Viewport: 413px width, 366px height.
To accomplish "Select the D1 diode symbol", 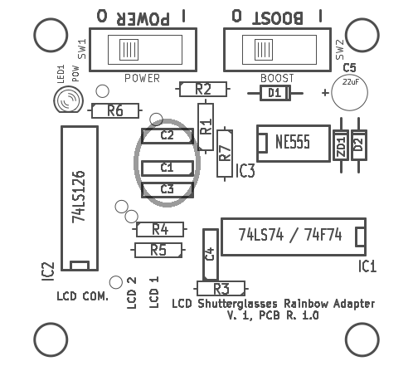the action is tap(275, 93).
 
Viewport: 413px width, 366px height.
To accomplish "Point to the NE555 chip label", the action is tap(293, 142).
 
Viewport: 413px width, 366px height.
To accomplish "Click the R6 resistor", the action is tap(115, 110).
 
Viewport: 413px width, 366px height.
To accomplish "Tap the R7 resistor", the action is tap(225, 154).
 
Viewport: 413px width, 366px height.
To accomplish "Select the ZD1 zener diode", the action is tap(341, 145).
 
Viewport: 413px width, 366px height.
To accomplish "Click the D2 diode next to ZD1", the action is tap(359, 145).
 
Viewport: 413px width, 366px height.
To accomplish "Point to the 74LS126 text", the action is tap(79, 197).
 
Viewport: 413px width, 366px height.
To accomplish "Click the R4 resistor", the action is tap(160, 229).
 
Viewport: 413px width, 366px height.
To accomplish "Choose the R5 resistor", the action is tap(158, 250).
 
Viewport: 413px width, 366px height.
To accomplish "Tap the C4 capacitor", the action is tap(211, 255).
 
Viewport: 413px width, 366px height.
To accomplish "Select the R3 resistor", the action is tap(221, 289).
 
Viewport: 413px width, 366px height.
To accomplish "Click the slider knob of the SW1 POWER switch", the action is tap(129, 50).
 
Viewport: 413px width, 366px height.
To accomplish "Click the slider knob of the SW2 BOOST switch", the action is tap(264, 50).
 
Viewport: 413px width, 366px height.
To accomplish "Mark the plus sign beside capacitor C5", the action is tap(325, 92).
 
